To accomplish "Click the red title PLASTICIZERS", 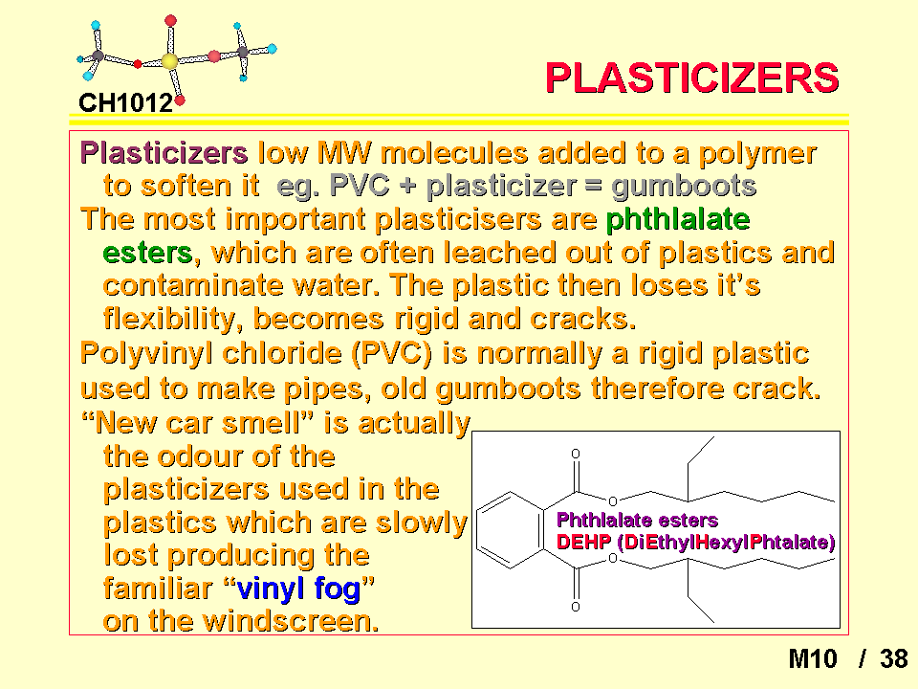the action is coord(692,78).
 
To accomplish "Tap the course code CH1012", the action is coord(126,103).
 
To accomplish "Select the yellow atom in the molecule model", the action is coord(169,61).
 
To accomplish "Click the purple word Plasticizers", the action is coord(164,153).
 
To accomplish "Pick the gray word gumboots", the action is coord(684,187).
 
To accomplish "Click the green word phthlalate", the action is coord(678,220).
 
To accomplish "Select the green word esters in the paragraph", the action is coord(147,253).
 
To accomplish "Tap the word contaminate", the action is coord(194,286).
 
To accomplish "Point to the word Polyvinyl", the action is coord(146,354).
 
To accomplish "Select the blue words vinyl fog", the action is coord(298,589).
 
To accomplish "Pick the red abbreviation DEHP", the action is coord(583,542).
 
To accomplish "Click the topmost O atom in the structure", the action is coord(576,454).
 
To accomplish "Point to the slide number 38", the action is coord(894,659).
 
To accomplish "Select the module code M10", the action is coord(813,659).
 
